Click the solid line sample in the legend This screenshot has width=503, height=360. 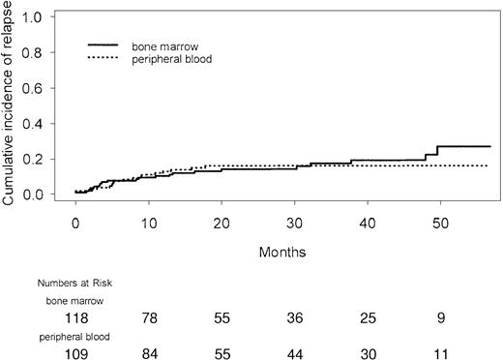click(104, 45)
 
